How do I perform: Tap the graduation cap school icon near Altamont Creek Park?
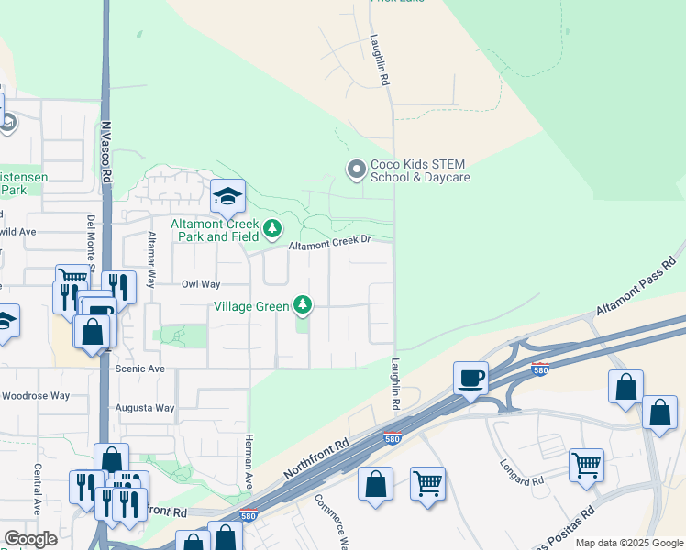[x=227, y=195]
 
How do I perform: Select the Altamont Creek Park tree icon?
[x=271, y=228]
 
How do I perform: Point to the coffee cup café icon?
[x=470, y=377]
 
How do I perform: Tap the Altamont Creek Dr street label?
[x=328, y=244]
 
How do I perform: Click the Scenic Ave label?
[x=141, y=368]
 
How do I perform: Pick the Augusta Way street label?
[x=145, y=407]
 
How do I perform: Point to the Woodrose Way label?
[x=36, y=396]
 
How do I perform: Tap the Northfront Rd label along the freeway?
[x=316, y=456]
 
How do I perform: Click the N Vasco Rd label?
[x=106, y=151]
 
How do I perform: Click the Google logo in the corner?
[x=30, y=539]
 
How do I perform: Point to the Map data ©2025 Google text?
[x=628, y=543]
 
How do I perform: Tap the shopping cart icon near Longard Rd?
[x=586, y=464]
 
